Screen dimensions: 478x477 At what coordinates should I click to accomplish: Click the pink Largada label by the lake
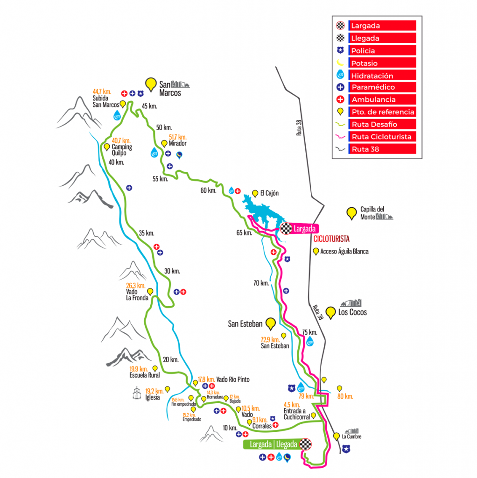point(305,229)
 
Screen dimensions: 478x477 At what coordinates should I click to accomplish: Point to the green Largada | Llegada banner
point(274,444)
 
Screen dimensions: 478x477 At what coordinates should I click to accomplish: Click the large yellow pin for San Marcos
point(151,84)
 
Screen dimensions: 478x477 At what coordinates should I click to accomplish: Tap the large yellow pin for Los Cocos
point(331,312)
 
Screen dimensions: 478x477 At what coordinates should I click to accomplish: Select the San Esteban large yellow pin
point(270,323)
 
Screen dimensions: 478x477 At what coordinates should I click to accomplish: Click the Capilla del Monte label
point(372,213)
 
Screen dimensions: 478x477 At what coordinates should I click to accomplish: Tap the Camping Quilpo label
point(121,147)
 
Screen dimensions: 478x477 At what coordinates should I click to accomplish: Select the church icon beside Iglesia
point(137,394)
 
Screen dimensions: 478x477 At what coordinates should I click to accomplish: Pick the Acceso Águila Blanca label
point(344,252)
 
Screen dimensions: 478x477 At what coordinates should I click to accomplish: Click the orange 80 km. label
point(345,396)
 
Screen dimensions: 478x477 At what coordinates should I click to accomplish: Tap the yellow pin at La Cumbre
point(337,437)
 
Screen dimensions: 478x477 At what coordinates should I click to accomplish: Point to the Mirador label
point(178,144)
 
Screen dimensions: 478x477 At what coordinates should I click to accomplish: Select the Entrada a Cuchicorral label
point(296,414)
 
